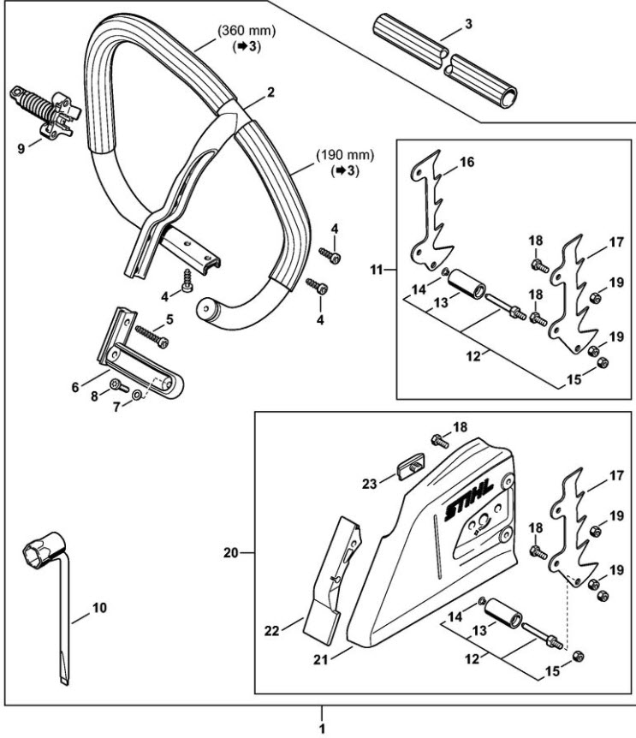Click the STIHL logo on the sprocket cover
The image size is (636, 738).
point(468,499)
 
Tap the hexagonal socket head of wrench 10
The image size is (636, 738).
point(43,547)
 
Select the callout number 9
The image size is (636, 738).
point(21,149)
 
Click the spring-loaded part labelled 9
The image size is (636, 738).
point(45,111)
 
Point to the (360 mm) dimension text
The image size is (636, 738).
point(247,31)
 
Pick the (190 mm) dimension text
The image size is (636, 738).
point(345,154)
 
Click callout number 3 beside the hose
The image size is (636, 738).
point(468,24)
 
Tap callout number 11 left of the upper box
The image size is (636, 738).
point(376,271)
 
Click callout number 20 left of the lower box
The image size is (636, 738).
point(230,552)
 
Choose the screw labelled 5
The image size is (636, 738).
point(152,336)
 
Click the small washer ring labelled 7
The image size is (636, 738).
point(136,395)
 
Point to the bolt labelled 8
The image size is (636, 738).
point(119,386)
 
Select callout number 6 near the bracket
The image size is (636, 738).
point(75,387)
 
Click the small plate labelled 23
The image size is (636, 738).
point(411,466)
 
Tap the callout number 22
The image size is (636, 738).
point(272,631)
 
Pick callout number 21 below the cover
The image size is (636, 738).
point(320,660)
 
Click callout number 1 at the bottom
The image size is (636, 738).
point(322,729)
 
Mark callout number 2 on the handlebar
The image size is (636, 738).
point(270,92)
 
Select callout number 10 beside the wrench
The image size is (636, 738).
point(99,608)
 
